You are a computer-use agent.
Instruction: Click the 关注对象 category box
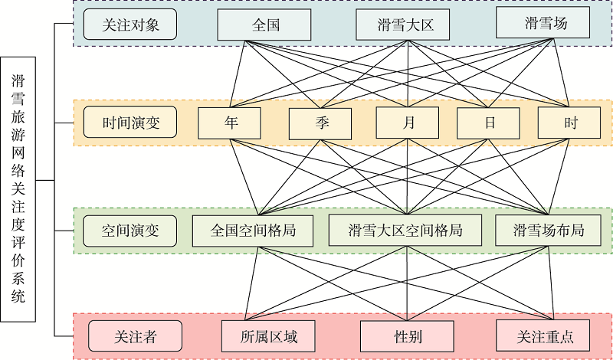pyautogui.click(x=129, y=25)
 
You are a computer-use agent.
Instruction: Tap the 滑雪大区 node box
pyautogui.click(x=405, y=25)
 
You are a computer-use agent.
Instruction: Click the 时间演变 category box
pyautogui.click(x=131, y=123)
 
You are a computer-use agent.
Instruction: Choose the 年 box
pyautogui.click(x=230, y=123)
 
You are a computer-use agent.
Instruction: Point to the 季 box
pyautogui.click(x=320, y=123)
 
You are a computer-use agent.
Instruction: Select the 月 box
pyautogui.click(x=407, y=123)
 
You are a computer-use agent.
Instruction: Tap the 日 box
pyautogui.click(x=488, y=123)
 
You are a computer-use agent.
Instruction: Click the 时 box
pyautogui.click(x=569, y=123)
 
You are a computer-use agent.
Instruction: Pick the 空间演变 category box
pyautogui.click(x=129, y=230)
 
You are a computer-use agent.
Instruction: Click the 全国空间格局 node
pyautogui.click(x=253, y=230)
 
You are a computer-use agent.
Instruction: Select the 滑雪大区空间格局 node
pyautogui.click(x=405, y=229)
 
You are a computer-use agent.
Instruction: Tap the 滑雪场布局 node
pyautogui.click(x=548, y=230)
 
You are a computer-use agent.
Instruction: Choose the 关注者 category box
pyautogui.click(x=135, y=335)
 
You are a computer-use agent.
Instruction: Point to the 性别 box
pyautogui.click(x=407, y=335)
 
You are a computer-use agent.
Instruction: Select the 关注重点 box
pyautogui.click(x=545, y=335)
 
